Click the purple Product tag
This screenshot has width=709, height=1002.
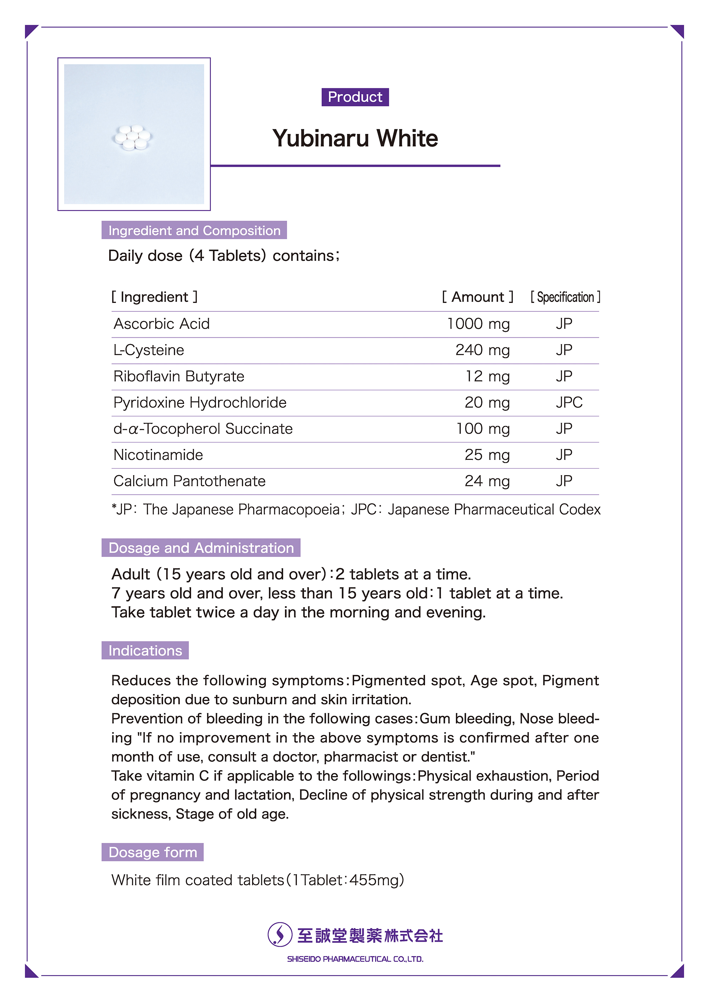(355, 97)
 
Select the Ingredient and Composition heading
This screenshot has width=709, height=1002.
(194, 230)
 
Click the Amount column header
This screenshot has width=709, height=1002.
(477, 297)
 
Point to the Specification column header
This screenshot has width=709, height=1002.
(565, 297)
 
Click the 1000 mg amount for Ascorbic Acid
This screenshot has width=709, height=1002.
(478, 324)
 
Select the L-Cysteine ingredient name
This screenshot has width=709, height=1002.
(149, 350)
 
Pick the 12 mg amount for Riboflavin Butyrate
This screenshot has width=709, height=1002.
(487, 376)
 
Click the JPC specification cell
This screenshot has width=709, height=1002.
(569, 403)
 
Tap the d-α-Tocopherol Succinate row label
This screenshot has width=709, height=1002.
(203, 429)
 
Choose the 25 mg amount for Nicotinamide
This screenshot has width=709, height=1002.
(487, 455)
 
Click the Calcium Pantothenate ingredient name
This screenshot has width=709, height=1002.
(189, 481)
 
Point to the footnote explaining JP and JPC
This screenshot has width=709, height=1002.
(356, 509)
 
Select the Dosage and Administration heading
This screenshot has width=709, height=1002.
(201, 548)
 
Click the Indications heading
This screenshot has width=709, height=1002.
(145, 650)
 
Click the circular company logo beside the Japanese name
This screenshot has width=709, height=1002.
(279, 934)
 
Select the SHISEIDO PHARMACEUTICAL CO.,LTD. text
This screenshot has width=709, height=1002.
(355, 959)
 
